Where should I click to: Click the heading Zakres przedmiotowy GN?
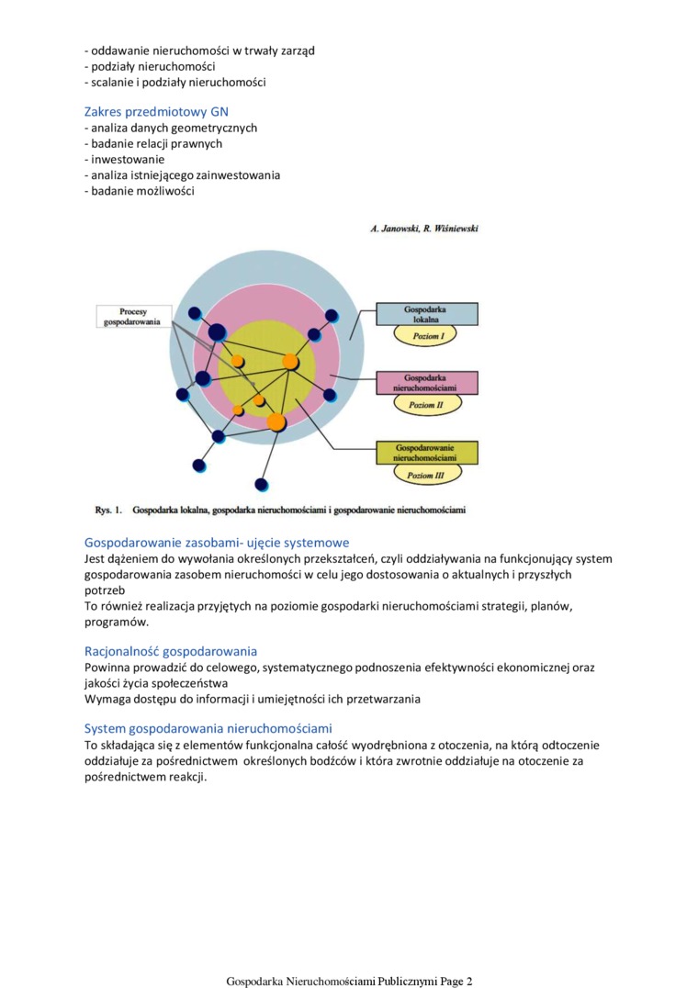click(156, 112)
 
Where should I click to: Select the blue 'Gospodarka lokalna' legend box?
click(427, 314)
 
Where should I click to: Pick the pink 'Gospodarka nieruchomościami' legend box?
click(427, 383)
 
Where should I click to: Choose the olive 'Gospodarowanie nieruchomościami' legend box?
click(427, 452)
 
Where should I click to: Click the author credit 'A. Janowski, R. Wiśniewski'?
click(423, 228)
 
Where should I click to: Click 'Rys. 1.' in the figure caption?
click(108, 509)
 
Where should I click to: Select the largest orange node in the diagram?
click(276, 421)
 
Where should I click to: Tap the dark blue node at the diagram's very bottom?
click(262, 484)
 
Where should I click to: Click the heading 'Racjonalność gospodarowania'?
click(171, 652)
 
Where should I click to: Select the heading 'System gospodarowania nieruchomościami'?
click(208, 729)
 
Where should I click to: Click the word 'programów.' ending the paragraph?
click(117, 622)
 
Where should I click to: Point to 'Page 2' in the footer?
click(456, 981)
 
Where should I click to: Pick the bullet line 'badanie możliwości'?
click(139, 190)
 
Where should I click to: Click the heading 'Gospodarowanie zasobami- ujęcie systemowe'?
click(217, 543)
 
